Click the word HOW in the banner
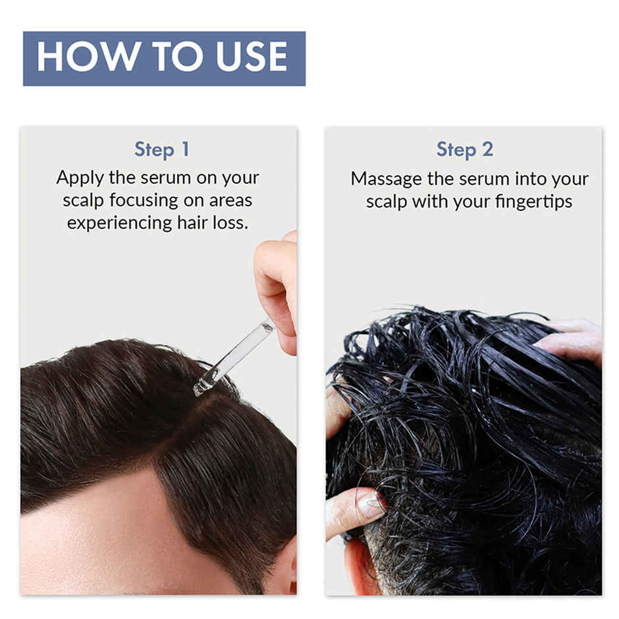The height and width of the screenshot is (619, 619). click(x=76, y=58)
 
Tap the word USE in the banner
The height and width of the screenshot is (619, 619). click(x=250, y=58)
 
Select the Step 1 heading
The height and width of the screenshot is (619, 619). click(x=161, y=149)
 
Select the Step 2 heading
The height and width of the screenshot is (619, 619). click(x=464, y=149)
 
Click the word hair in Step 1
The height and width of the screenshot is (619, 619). click(x=192, y=223)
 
